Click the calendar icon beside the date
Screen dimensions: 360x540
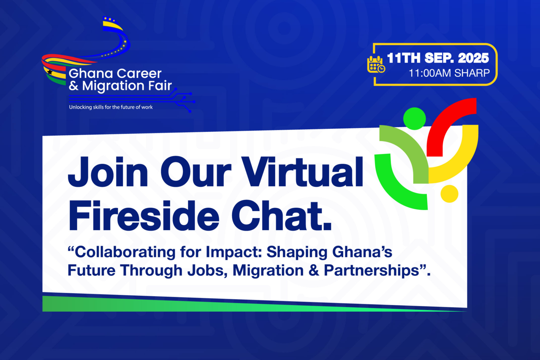pyautogui.click(x=375, y=64)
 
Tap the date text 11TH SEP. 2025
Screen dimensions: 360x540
pyautogui.click(x=438, y=58)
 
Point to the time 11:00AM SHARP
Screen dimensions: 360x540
pyautogui.click(x=449, y=73)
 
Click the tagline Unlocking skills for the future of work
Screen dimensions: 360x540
pyautogui.click(x=111, y=107)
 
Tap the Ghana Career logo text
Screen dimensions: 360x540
pyautogui.click(x=115, y=74)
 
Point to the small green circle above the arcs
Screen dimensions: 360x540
pyautogui.click(x=414, y=118)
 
